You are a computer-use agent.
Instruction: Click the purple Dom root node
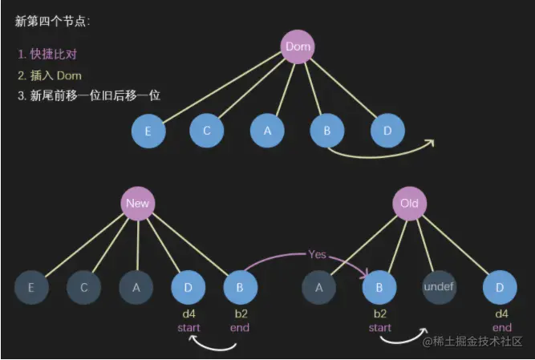click(298, 47)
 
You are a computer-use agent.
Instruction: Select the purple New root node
click(137, 203)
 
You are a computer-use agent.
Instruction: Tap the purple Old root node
click(409, 203)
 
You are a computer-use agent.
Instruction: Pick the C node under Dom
click(207, 131)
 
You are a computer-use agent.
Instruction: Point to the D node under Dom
click(388, 131)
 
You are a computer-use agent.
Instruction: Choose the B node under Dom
click(326, 131)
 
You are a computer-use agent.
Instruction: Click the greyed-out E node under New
click(31, 286)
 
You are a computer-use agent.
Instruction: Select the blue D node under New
click(188, 286)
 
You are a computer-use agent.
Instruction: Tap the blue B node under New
click(240, 286)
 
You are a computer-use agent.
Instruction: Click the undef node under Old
click(440, 286)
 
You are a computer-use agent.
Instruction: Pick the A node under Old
click(319, 286)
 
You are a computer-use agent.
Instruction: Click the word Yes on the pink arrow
click(318, 254)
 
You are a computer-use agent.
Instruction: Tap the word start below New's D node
click(189, 327)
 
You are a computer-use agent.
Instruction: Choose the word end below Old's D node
click(502, 327)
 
